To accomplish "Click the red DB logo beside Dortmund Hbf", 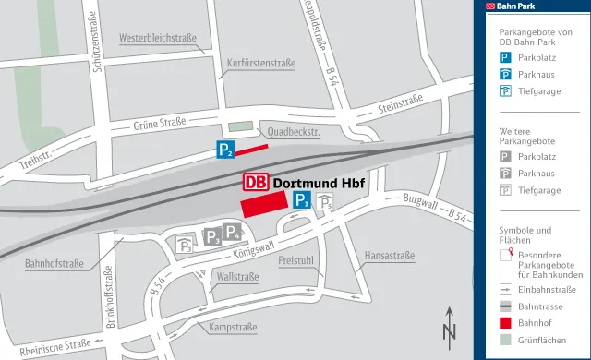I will point(257,183).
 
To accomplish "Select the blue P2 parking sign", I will point(225,149).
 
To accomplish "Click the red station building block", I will point(264,205).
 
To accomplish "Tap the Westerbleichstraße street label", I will point(160,39).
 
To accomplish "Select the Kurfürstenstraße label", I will point(261,64).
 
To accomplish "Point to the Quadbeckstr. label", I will point(291,133).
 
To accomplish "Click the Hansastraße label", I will point(389,253).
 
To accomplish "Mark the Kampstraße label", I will point(232,328).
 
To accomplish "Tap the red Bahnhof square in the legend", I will point(505,323).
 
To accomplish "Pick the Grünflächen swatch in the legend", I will point(505,341).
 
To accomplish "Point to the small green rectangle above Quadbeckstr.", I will point(239,126).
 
